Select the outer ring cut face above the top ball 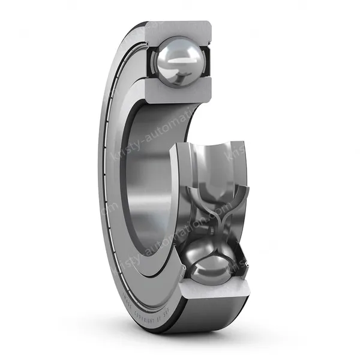coord(180,28)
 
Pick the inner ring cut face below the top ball coord(180,93)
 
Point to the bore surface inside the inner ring coord(144,168)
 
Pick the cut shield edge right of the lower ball coord(238,264)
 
